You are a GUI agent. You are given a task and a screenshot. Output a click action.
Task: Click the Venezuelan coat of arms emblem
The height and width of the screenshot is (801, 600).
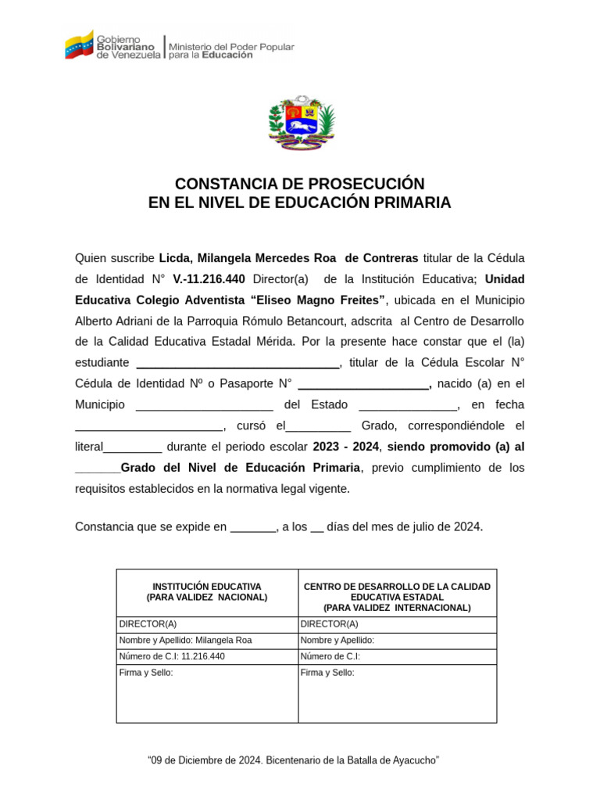(301, 123)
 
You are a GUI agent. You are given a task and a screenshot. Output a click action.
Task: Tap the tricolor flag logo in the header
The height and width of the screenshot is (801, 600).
(79, 45)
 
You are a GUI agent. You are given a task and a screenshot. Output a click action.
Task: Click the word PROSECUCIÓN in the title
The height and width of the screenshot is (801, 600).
(355, 184)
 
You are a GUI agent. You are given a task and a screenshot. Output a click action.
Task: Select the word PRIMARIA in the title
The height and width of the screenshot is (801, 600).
(416, 203)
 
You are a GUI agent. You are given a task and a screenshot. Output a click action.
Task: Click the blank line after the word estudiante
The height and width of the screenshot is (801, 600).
(237, 363)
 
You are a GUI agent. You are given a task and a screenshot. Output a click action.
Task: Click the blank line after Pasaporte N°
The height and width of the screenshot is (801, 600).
(363, 384)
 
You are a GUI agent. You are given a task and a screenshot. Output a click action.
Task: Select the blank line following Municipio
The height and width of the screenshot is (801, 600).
(204, 405)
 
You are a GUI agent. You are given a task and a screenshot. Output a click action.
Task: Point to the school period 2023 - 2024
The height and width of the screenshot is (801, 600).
(345, 447)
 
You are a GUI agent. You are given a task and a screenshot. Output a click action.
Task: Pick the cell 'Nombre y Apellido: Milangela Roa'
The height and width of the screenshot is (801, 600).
(185, 640)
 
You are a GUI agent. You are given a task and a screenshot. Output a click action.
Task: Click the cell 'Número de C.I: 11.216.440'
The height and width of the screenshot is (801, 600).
(172, 656)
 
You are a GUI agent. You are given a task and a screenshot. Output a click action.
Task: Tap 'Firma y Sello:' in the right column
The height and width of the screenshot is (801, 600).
(327, 673)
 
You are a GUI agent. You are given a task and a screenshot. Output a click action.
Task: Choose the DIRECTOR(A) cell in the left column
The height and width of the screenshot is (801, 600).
(148, 624)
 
